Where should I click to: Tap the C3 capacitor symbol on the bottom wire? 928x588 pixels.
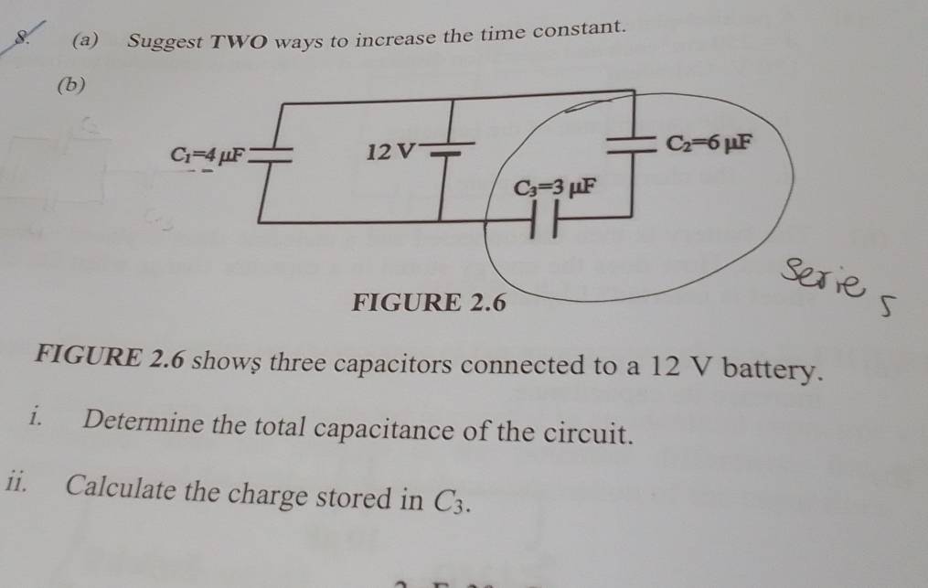546,225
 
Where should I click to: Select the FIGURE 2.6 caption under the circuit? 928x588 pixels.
429,302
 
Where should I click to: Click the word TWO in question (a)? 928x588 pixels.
242,40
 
